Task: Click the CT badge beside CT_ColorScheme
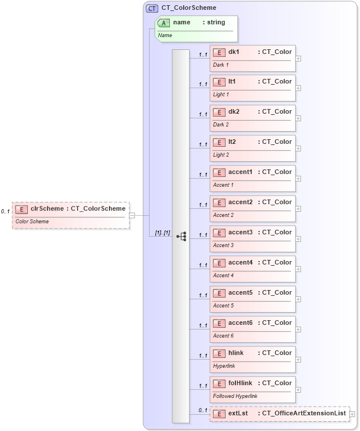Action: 152,8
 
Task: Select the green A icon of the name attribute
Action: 163,23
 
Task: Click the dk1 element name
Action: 234,52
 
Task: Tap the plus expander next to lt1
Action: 298,88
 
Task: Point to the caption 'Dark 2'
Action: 221,125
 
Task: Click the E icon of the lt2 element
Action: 219,142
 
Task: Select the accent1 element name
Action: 240,172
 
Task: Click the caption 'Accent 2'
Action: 223,215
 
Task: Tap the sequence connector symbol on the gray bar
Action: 181,236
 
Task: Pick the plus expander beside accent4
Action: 298,269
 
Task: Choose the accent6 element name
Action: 240,323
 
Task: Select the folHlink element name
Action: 239,383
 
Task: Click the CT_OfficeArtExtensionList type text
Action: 304,414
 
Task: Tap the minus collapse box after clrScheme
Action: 132,215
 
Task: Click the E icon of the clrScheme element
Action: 21,209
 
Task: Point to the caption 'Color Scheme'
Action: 32,222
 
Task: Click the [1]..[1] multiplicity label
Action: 162,233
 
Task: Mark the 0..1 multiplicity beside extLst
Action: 203,411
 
